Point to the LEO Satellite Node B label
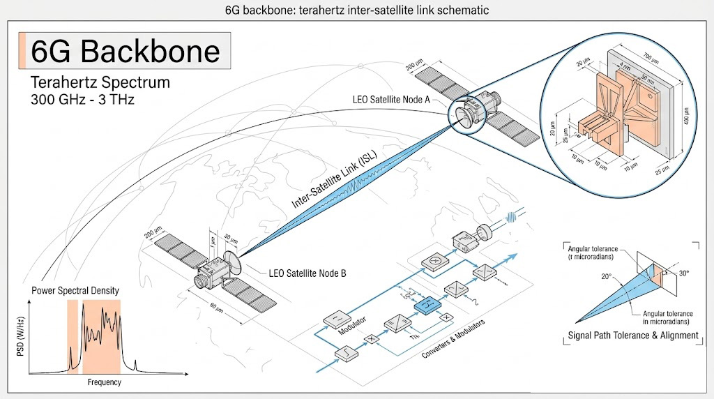307,273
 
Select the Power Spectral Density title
75,290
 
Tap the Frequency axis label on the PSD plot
104,382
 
